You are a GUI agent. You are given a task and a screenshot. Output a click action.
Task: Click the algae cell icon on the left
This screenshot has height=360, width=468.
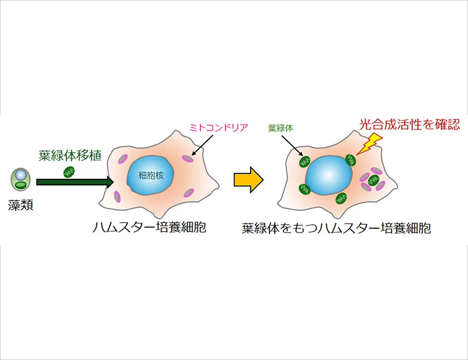pos(20,180)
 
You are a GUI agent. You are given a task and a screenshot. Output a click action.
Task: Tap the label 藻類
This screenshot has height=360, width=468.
pos(20,206)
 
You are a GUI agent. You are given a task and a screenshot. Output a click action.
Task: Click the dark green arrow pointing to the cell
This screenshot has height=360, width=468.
pos(75,182)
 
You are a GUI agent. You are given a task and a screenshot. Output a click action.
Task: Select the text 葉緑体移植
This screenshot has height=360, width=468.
pos(70,155)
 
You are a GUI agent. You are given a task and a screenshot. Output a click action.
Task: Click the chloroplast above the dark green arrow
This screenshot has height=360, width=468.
pos(69,172)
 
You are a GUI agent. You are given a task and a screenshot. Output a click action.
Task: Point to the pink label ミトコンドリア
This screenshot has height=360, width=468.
pos(219,128)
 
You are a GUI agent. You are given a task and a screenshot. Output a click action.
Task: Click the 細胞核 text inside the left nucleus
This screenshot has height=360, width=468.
pos(151,175)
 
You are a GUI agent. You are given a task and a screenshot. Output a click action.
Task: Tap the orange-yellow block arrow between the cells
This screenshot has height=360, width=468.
pos(248,180)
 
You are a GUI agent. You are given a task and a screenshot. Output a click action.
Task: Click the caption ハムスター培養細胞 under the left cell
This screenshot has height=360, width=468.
pos(149,227)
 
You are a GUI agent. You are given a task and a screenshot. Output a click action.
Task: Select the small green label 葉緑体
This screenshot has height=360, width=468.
pos(280,128)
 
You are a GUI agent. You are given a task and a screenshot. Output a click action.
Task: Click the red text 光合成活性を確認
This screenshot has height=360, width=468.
pos(409,125)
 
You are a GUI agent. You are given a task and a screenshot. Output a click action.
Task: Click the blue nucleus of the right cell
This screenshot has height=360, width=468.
pos(329,175)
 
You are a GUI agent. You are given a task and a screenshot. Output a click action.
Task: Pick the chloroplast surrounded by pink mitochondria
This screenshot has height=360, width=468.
pos(374,180)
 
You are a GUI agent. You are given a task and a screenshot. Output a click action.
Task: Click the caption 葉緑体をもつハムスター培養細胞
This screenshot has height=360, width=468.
pos(336,228)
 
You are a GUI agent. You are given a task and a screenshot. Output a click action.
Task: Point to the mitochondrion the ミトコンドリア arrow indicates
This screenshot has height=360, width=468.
pos(188,159)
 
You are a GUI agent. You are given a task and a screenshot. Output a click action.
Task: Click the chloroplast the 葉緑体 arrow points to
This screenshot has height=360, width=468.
pos(305,162)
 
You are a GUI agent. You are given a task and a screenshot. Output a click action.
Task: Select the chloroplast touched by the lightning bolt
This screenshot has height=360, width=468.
pos(351,160)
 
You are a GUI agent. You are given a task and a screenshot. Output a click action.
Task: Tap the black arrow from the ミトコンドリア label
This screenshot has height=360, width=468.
pos(202,145)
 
